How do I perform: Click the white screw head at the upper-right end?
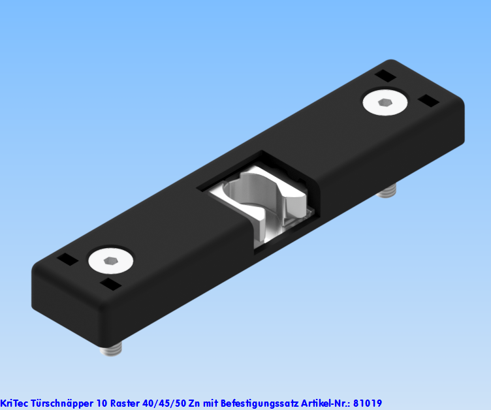pyautogui.click(x=386, y=102)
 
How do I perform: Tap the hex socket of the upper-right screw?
pyautogui.click(x=385, y=102)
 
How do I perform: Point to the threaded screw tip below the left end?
pyautogui.click(x=112, y=351)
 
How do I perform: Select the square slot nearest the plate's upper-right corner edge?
pyautogui.click(x=428, y=101)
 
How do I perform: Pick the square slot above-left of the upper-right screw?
pyautogui.click(x=385, y=76)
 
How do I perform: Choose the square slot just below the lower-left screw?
pyautogui.click(x=110, y=284)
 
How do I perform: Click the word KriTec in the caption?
pyautogui.click(x=14, y=403)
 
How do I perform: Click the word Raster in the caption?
pyautogui.click(x=125, y=403)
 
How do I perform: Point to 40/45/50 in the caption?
pyautogui.click(x=164, y=403)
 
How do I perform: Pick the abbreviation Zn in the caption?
pyautogui.click(x=195, y=403)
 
